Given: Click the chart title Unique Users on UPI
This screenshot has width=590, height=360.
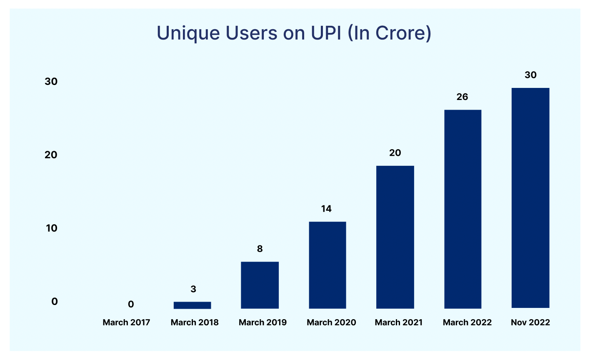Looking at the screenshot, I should coord(294,33).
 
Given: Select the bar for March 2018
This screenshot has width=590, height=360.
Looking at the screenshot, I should coord(192,305).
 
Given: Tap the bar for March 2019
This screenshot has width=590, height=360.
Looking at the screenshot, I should coord(260,285).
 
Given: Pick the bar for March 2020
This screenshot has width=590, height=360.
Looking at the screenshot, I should coord(327,265).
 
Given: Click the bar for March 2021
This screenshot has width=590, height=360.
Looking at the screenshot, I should coord(395,237).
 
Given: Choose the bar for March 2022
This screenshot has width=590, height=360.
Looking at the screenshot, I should coord(462,209).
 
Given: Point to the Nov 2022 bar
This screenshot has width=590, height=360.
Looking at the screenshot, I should coord(530,198).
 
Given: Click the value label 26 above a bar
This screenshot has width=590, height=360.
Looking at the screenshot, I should coord(462,97).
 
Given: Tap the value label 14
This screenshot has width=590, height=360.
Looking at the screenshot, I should coord(326,209).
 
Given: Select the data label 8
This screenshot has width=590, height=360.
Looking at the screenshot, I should coord(260,249).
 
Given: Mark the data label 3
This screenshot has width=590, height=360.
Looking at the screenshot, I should coord(193,289).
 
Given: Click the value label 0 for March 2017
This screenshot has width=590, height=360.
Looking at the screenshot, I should coord(131,305).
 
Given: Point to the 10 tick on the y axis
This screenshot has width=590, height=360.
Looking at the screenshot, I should coord(52,228).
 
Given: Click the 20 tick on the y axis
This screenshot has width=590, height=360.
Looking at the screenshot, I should coord(51,155).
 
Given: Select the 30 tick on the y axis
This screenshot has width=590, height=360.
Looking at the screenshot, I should coord(51,82).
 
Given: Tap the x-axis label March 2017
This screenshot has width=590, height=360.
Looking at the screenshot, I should coord(126,322).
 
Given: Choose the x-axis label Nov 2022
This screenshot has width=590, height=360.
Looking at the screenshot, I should coord(530,322).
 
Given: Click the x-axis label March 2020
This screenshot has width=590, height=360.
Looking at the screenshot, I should coord(331,322).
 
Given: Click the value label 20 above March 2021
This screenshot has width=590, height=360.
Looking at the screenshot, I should coord(395,153).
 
